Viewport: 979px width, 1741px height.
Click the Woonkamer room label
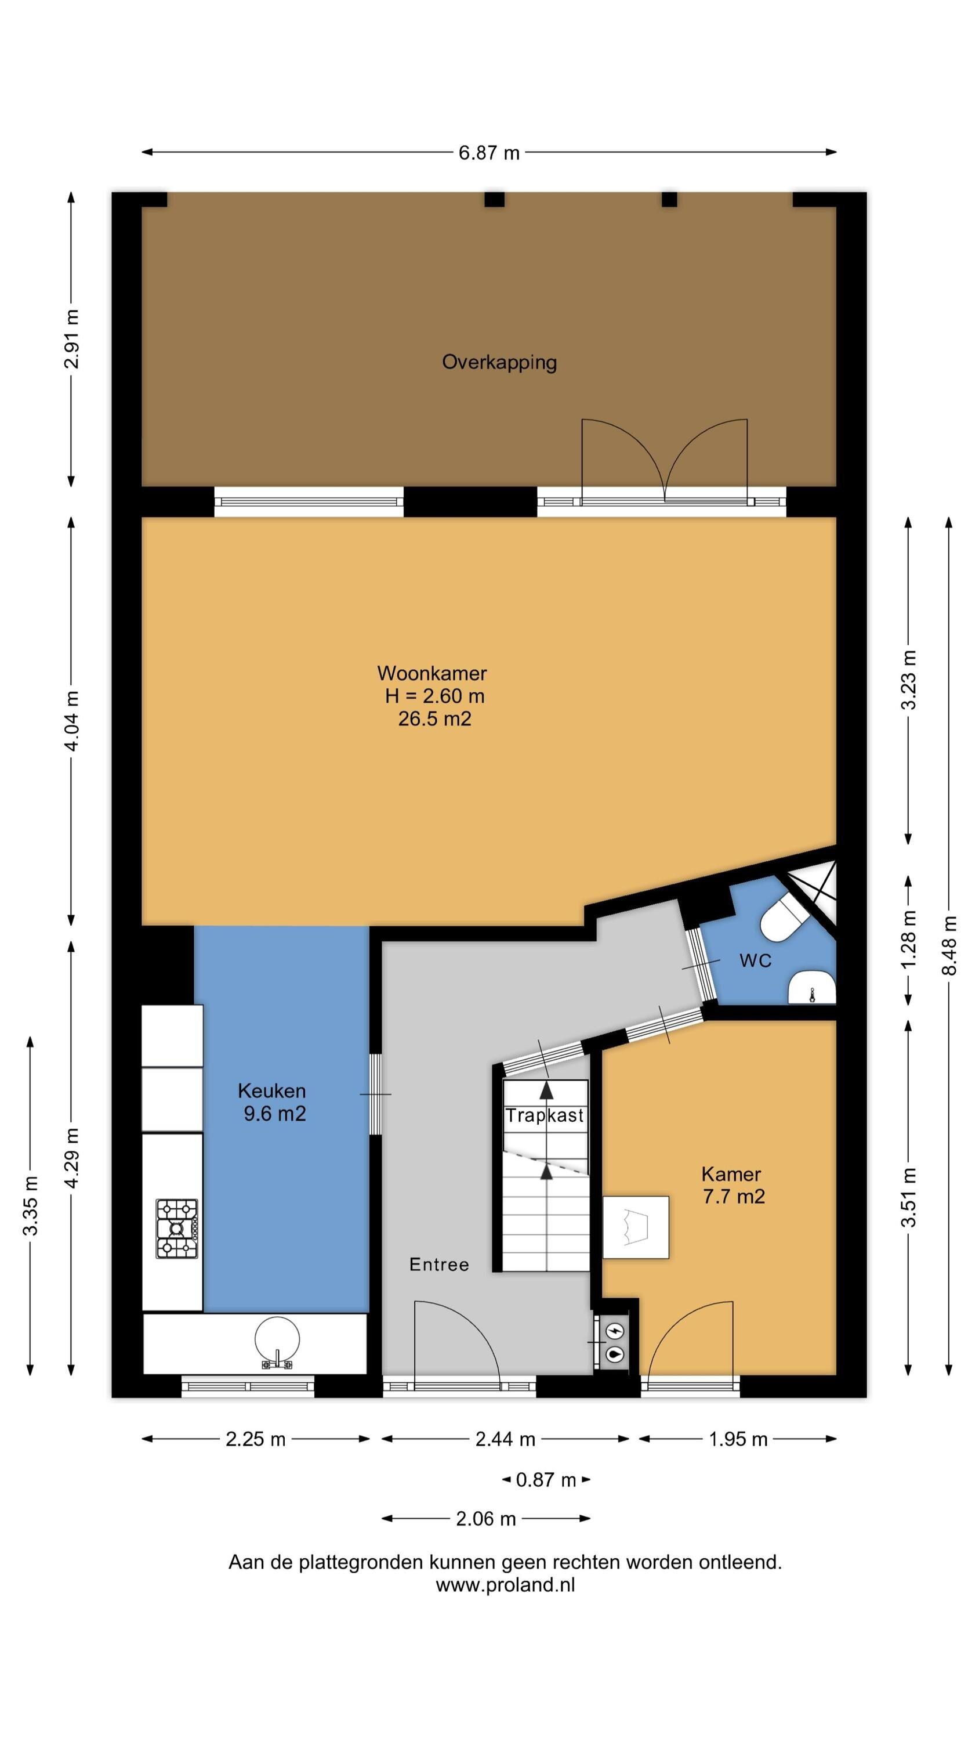coord(432,673)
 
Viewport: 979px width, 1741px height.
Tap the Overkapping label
coord(499,362)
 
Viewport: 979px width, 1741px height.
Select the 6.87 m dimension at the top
coord(489,153)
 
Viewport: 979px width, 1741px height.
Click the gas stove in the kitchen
coord(177,1228)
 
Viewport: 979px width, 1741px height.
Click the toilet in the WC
coord(784,919)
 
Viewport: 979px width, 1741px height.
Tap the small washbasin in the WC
coord(812,988)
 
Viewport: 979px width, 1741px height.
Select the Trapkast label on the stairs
coord(545,1116)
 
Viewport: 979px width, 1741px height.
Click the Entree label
coord(439,1265)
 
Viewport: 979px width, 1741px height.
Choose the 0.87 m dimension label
coord(546,1480)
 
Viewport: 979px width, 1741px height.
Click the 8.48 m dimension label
coord(949,945)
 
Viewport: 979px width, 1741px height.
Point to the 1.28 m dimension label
coord(909,939)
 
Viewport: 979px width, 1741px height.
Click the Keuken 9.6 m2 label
coord(273,1102)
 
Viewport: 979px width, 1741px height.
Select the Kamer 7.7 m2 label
coord(733,1186)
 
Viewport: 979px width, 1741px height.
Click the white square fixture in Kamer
coord(636,1227)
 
